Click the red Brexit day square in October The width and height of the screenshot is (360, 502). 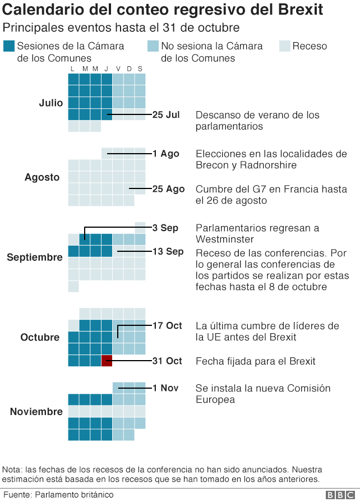pyautogui.click(x=107, y=361)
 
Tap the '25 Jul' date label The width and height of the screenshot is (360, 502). pyautogui.click(x=166, y=115)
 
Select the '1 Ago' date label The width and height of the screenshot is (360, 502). pyautogui.click(x=166, y=154)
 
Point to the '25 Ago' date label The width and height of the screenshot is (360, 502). pyautogui.click(x=168, y=189)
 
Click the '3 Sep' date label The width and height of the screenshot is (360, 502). pyautogui.click(x=165, y=228)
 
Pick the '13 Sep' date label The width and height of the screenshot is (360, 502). pyautogui.click(x=168, y=251)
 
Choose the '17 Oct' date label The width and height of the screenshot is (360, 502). pyautogui.click(x=167, y=325)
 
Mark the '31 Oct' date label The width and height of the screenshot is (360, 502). pyautogui.click(x=167, y=361)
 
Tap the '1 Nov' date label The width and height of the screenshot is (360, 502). pyautogui.click(x=165, y=388)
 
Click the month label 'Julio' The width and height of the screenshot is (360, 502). pyautogui.click(x=51, y=103)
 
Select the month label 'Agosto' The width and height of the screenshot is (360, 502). pyautogui.click(x=42, y=177)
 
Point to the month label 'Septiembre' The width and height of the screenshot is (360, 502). pyautogui.click(x=35, y=257)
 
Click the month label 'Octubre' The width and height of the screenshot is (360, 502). pyautogui.click(x=40, y=337)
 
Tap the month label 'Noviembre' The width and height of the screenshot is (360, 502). pyautogui.click(x=36, y=412)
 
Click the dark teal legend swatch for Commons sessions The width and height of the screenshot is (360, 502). pyautogui.click(x=8, y=47)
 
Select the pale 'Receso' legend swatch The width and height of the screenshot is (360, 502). pyautogui.click(x=284, y=47)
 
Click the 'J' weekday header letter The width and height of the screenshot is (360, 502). pyautogui.click(x=107, y=69)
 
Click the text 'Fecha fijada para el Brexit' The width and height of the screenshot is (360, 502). pyautogui.click(x=256, y=361)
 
